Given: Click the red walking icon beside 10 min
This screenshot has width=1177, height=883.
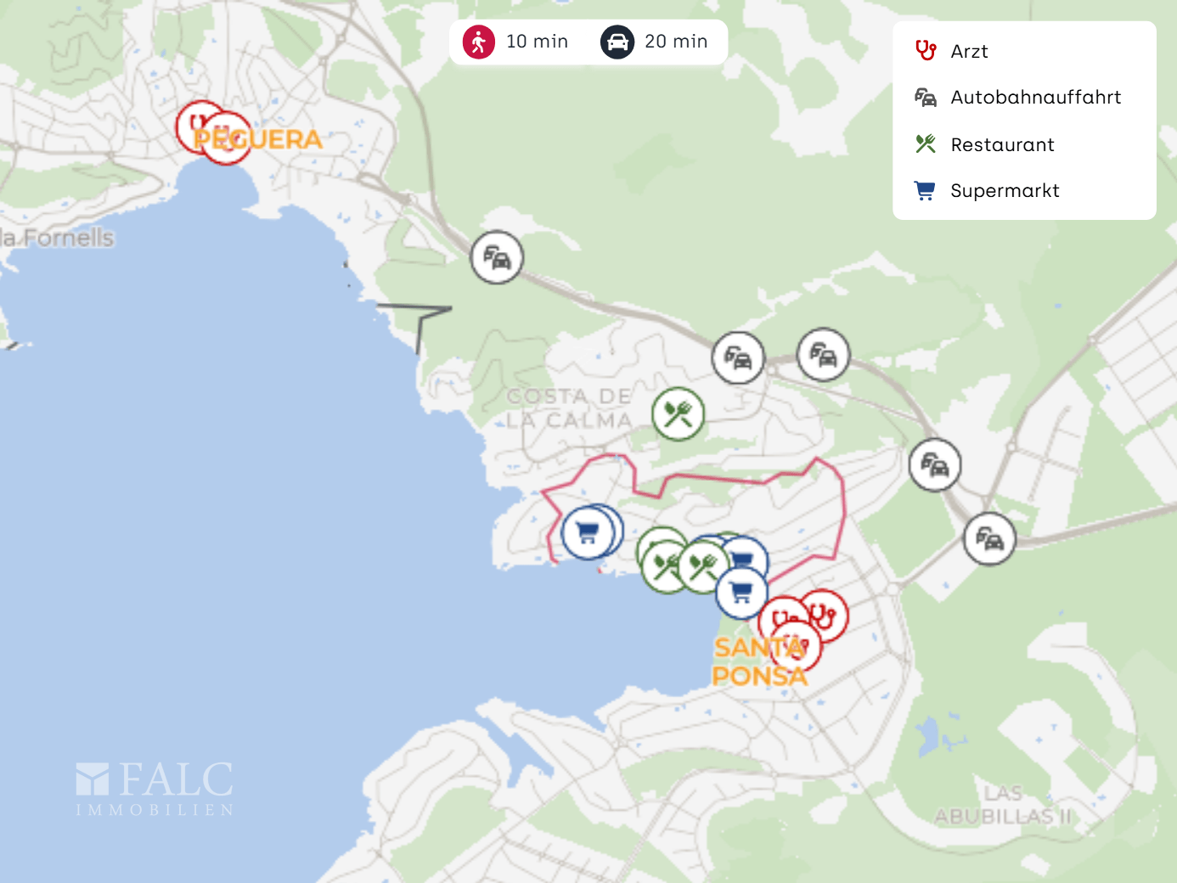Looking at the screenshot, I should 479,42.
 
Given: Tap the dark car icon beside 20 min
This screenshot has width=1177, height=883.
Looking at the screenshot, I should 617,42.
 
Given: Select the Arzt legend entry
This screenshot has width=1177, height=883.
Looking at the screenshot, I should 969,52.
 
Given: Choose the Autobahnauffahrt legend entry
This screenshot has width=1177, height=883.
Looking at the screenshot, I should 1035,98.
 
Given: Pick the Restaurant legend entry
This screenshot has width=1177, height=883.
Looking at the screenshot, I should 1002,145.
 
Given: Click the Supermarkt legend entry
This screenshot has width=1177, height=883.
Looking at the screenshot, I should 1005,191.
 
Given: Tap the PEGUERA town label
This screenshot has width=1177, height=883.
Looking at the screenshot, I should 258,139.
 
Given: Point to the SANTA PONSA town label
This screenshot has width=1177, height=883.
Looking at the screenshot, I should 759,661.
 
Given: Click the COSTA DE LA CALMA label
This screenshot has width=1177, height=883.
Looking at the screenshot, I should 569,408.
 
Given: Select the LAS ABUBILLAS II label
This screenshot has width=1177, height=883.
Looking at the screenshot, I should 1003,805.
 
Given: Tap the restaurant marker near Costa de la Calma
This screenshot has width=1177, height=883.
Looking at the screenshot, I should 678,414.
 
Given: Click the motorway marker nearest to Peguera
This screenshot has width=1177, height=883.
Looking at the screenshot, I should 497,257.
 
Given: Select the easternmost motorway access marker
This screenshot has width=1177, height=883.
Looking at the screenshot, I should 989,539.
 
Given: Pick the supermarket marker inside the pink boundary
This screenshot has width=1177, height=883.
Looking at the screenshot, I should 587,533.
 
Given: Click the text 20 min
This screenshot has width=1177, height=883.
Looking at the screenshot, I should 675,42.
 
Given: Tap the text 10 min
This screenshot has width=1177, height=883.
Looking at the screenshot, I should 537,42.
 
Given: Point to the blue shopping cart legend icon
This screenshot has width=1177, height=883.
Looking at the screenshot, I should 924,191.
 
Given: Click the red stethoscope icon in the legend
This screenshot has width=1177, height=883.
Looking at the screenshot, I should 925,51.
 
